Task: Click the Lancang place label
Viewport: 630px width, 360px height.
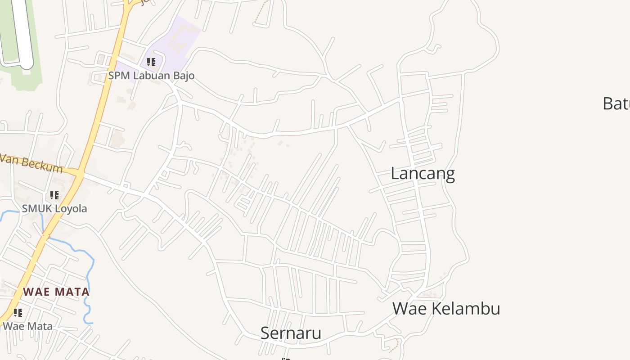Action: coord(423,174)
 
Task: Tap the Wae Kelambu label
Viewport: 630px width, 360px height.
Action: coord(446,309)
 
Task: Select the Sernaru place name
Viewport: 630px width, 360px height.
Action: coord(291,333)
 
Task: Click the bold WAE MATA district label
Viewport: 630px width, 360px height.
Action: coord(56,292)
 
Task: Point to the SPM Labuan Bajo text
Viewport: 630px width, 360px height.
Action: coord(151,76)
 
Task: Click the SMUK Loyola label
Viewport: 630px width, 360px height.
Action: coord(54,209)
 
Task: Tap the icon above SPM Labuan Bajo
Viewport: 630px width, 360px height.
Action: coord(151,62)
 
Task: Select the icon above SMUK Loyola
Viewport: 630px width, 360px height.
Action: coord(54,195)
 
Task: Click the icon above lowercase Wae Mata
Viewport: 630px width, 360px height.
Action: coord(18,312)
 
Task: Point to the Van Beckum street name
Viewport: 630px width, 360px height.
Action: coord(31,163)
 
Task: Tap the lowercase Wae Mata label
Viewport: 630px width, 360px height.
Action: coord(28,326)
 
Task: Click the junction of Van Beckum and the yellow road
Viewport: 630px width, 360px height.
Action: coord(80,172)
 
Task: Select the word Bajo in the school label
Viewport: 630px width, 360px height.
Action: coord(183,76)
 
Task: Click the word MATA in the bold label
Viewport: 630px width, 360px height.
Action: coord(73,292)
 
